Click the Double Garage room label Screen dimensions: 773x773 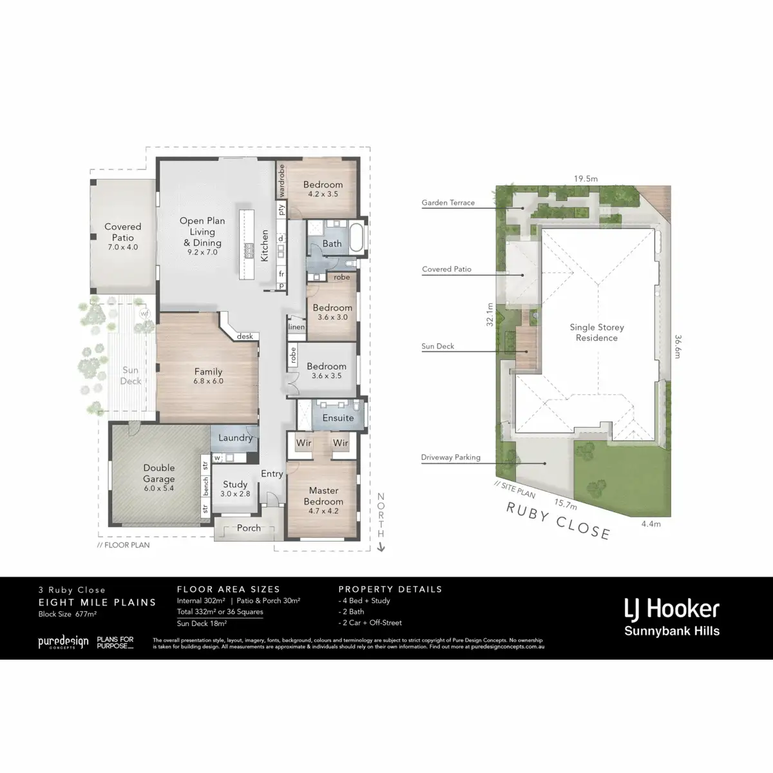click(x=158, y=473)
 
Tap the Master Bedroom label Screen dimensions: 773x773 click(x=323, y=496)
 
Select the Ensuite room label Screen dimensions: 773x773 click(x=338, y=418)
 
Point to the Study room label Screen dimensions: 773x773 click(x=235, y=484)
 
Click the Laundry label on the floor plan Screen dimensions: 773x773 click(x=235, y=438)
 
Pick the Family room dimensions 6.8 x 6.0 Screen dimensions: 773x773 click(x=208, y=381)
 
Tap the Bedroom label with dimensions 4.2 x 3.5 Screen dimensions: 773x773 click(x=323, y=185)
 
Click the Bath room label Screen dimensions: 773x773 click(x=332, y=243)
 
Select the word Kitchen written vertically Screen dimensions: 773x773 click(x=264, y=245)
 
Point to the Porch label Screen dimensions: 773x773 click(x=249, y=528)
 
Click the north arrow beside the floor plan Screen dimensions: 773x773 click(x=381, y=548)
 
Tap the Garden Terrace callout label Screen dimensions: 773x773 click(x=448, y=203)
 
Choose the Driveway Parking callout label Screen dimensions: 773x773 click(x=450, y=458)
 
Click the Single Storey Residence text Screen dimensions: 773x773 click(x=596, y=332)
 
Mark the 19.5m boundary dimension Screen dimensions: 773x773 click(x=586, y=179)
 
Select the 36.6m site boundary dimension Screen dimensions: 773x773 click(x=678, y=346)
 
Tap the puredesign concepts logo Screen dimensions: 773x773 click(x=62, y=642)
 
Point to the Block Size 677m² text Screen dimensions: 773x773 click(x=68, y=615)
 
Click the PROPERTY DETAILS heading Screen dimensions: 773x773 click(x=390, y=589)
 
